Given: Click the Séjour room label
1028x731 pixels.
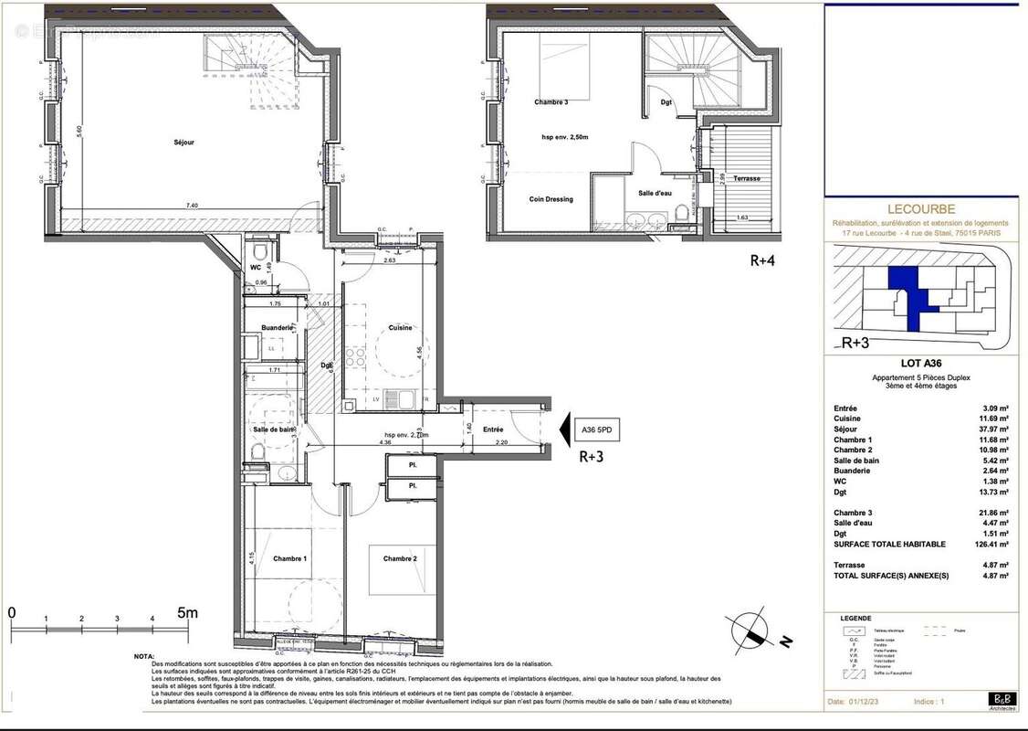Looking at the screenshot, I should point(184,143).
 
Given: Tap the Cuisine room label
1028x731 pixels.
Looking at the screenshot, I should point(400,327).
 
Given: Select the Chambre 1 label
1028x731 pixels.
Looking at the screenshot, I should point(290,558).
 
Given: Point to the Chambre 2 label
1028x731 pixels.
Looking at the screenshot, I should point(400,558).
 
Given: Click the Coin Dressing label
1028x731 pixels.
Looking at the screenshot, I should point(551,199).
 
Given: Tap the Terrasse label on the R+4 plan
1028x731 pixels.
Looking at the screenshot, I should point(747,178).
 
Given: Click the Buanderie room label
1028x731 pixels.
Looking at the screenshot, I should point(277,327).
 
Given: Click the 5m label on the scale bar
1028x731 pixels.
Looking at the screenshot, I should point(187,613).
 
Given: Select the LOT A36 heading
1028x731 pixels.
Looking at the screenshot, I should point(919,364).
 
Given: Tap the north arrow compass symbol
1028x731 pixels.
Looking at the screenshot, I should point(753,630).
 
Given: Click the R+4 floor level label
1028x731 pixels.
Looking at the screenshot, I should point(764,260).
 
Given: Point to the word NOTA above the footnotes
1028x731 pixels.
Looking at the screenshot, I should point(143,656).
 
